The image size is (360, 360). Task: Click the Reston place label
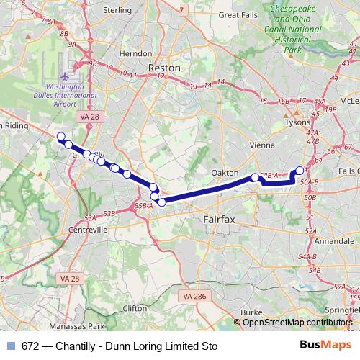coord(163,67)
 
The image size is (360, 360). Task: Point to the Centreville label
coord(88,230)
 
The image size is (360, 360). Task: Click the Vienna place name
coord(258,144)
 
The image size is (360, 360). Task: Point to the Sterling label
coord(118,10)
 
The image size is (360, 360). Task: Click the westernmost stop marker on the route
coord(60,137)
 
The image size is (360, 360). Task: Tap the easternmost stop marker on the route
coord(300,171)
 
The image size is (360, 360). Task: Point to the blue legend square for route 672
coord(11,346)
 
